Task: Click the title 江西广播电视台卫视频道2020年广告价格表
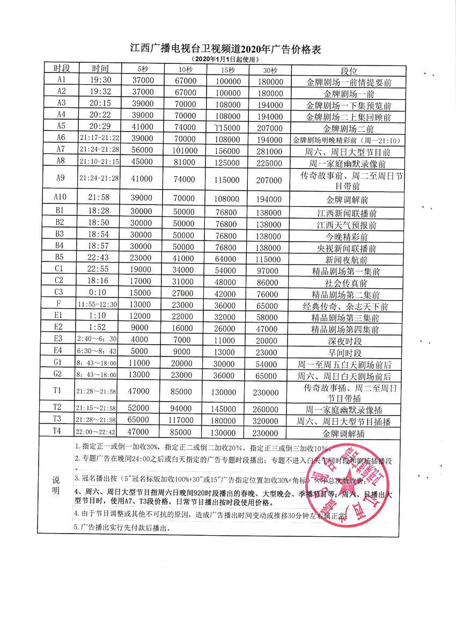point(226,49)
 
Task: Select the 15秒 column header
point(227,70)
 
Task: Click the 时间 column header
point(100,69)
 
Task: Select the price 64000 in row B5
point(227,259)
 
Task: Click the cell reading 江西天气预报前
point(347,224)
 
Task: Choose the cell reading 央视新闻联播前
point(347,248)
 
